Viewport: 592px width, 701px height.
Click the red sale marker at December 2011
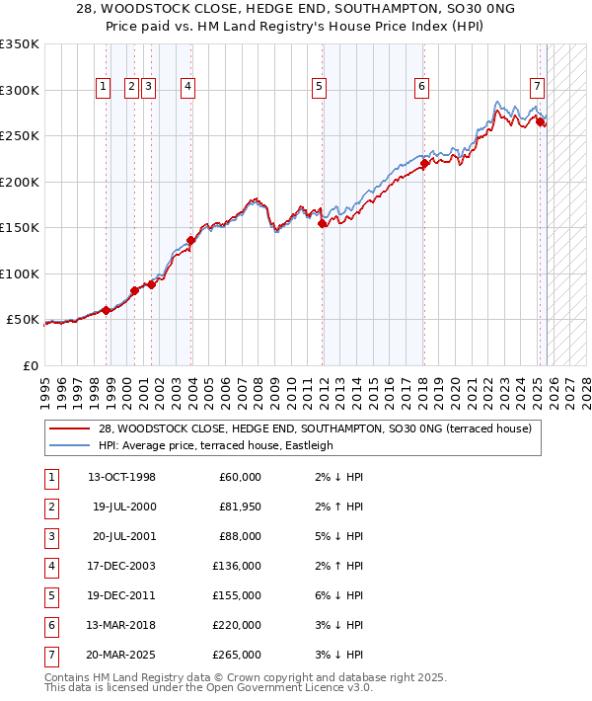pyautogui.click(x=323, y=224)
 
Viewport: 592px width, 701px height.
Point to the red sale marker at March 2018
pyautogui.click(x=422, y=165)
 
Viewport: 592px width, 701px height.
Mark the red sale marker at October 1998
pyautogui.click(x=106, y=311)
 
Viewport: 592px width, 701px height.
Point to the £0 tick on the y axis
pyautogui.click(x=30, y=365)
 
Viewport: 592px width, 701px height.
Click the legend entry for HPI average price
pyautogui.click(x=215, y=445)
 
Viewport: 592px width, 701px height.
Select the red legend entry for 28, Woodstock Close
pyautogui.click(x=315, y=428)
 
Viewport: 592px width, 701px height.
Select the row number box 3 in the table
pyautogui.click(x=50, y=537)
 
